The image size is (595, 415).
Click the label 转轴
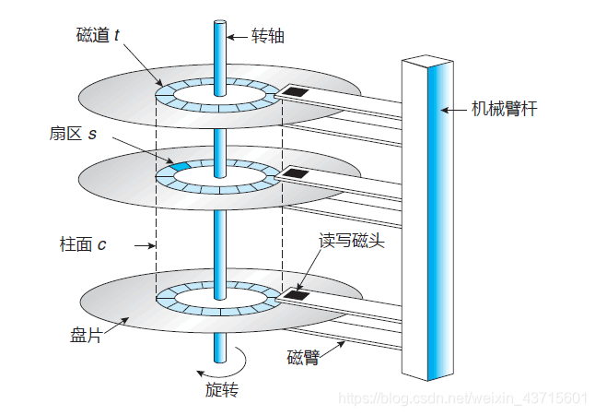[x=268, y=37]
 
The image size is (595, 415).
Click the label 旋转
[x=221, y=390]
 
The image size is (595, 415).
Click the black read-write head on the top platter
[x=297, y=92]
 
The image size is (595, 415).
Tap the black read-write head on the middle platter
[x=297, y=173]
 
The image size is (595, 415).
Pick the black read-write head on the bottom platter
[x=297, y=295]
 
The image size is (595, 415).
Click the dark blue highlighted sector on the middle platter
[x=179, y=166]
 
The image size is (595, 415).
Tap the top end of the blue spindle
[x=221, y=23]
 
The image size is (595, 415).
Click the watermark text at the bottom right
[x=463, y=397]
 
